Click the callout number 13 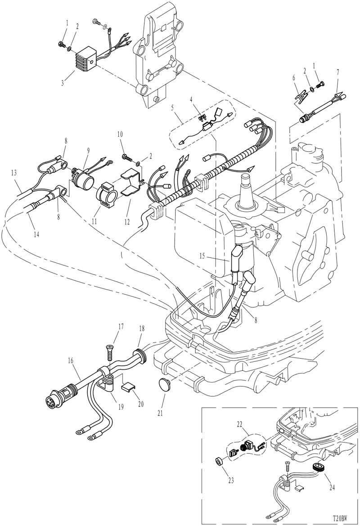(x=14, y=173)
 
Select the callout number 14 (x=36, y=234)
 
